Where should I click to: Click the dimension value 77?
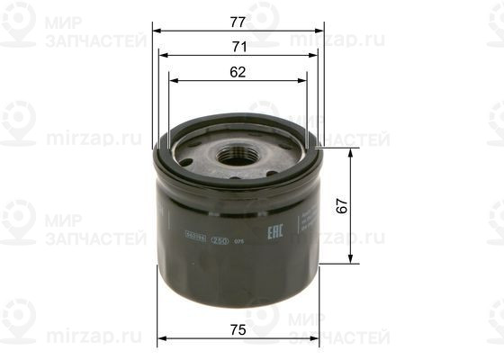click(x=238, y=19)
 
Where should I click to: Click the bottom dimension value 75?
click(x=238, y=330)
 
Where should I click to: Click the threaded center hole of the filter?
click(x=237, y=152)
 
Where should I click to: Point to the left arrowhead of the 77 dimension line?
click(x=156, y=30)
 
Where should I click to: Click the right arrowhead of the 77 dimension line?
click(x=320, y=30)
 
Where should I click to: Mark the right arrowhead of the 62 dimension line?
click(x=304, y=80)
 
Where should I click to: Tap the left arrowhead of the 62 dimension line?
click(x=172, y=80)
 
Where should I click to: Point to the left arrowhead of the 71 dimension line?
click(x=162, y=55)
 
